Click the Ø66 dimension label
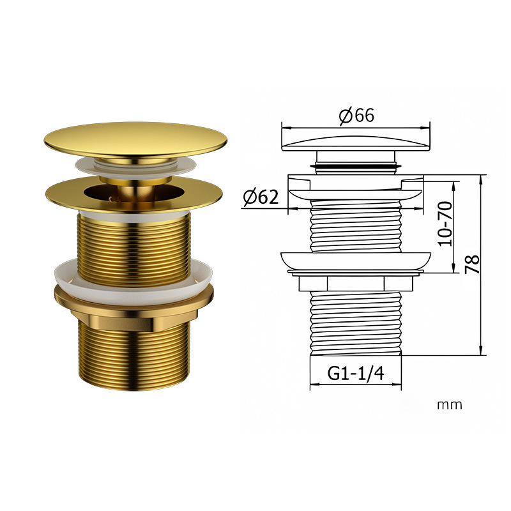tap(356, 116)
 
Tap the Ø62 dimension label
tap(261, 197)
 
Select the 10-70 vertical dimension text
tap(445, 224)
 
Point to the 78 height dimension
tap(472, 264)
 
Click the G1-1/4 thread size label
tap(356, 373)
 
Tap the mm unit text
tap(450, 405)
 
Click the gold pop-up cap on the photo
tap(135, 139)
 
